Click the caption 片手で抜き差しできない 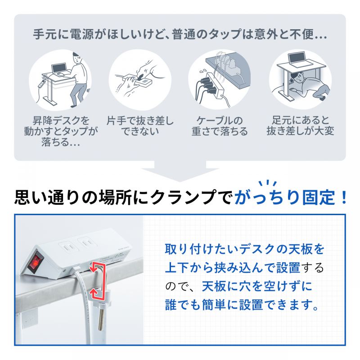[140, 126]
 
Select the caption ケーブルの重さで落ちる [220, 126]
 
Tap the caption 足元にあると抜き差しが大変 [300, 126]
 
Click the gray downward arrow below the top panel [180, 174]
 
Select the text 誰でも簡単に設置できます [243, 306]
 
